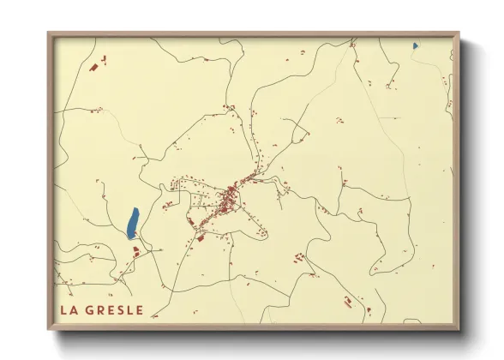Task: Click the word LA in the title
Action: (69, 309)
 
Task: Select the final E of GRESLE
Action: (140, 309)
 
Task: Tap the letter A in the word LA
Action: (74, 309)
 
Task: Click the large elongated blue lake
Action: (132, 223)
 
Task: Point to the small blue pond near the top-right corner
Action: (415, 45)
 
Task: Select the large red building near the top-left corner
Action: (94, 65)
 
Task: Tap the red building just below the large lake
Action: (135, 251)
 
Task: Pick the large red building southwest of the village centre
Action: (201, 237)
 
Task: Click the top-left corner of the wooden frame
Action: (49, 34)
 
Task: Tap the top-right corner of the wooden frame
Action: (459, 34)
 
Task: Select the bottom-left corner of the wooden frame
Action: (49, 329)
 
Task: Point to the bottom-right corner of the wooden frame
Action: (459, 329)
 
